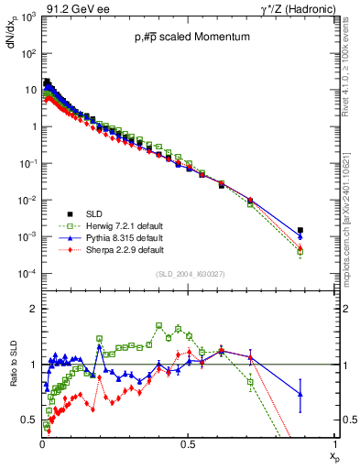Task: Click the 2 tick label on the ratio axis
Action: [32, 310]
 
